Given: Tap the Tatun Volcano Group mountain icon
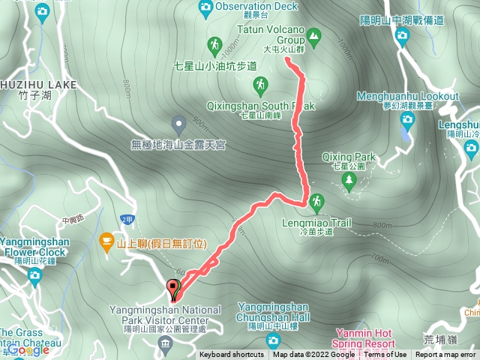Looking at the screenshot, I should click(x=313, y=34).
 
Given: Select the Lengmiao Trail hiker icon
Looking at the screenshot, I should click(x=316, y=202).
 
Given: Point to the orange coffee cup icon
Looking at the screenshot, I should click(x=106, y=241).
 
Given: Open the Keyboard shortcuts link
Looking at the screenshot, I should click(x=232, y=355).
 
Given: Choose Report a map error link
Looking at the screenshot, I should click(x=445, y=355).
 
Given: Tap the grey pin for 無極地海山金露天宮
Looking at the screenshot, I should click(x=178, y=123).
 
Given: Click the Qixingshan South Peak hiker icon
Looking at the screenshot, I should click(x=260, y=87).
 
